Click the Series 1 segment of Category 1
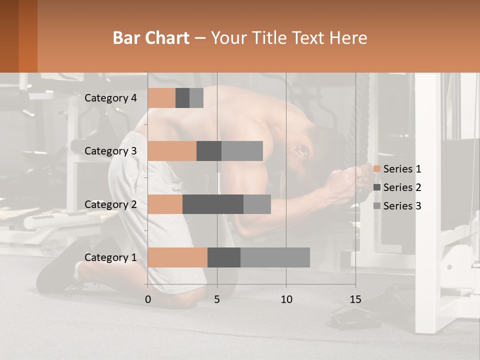tap(177, 257)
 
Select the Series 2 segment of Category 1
tap(224, 257)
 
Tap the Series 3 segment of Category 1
tap(275, 257)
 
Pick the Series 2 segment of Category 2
tap(213, 204)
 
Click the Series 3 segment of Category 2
tap(257, 204)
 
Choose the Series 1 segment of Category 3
tap(172, 151)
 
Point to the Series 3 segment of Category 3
tap(242, 151)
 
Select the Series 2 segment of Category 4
tap(182, 98)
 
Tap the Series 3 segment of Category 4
tap(196, 98)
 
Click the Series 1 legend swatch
tap(377, 169)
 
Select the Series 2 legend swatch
tap(377, 187)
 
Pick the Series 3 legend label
tap(402, 206)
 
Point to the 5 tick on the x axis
tap(217, 299)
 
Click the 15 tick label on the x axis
tap(355, 299)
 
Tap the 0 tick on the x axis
tap(148, 299)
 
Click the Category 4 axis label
tap(110, 98)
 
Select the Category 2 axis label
tap(110, 204)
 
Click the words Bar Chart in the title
tap(151, 38)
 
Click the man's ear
tap(302, 149)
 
